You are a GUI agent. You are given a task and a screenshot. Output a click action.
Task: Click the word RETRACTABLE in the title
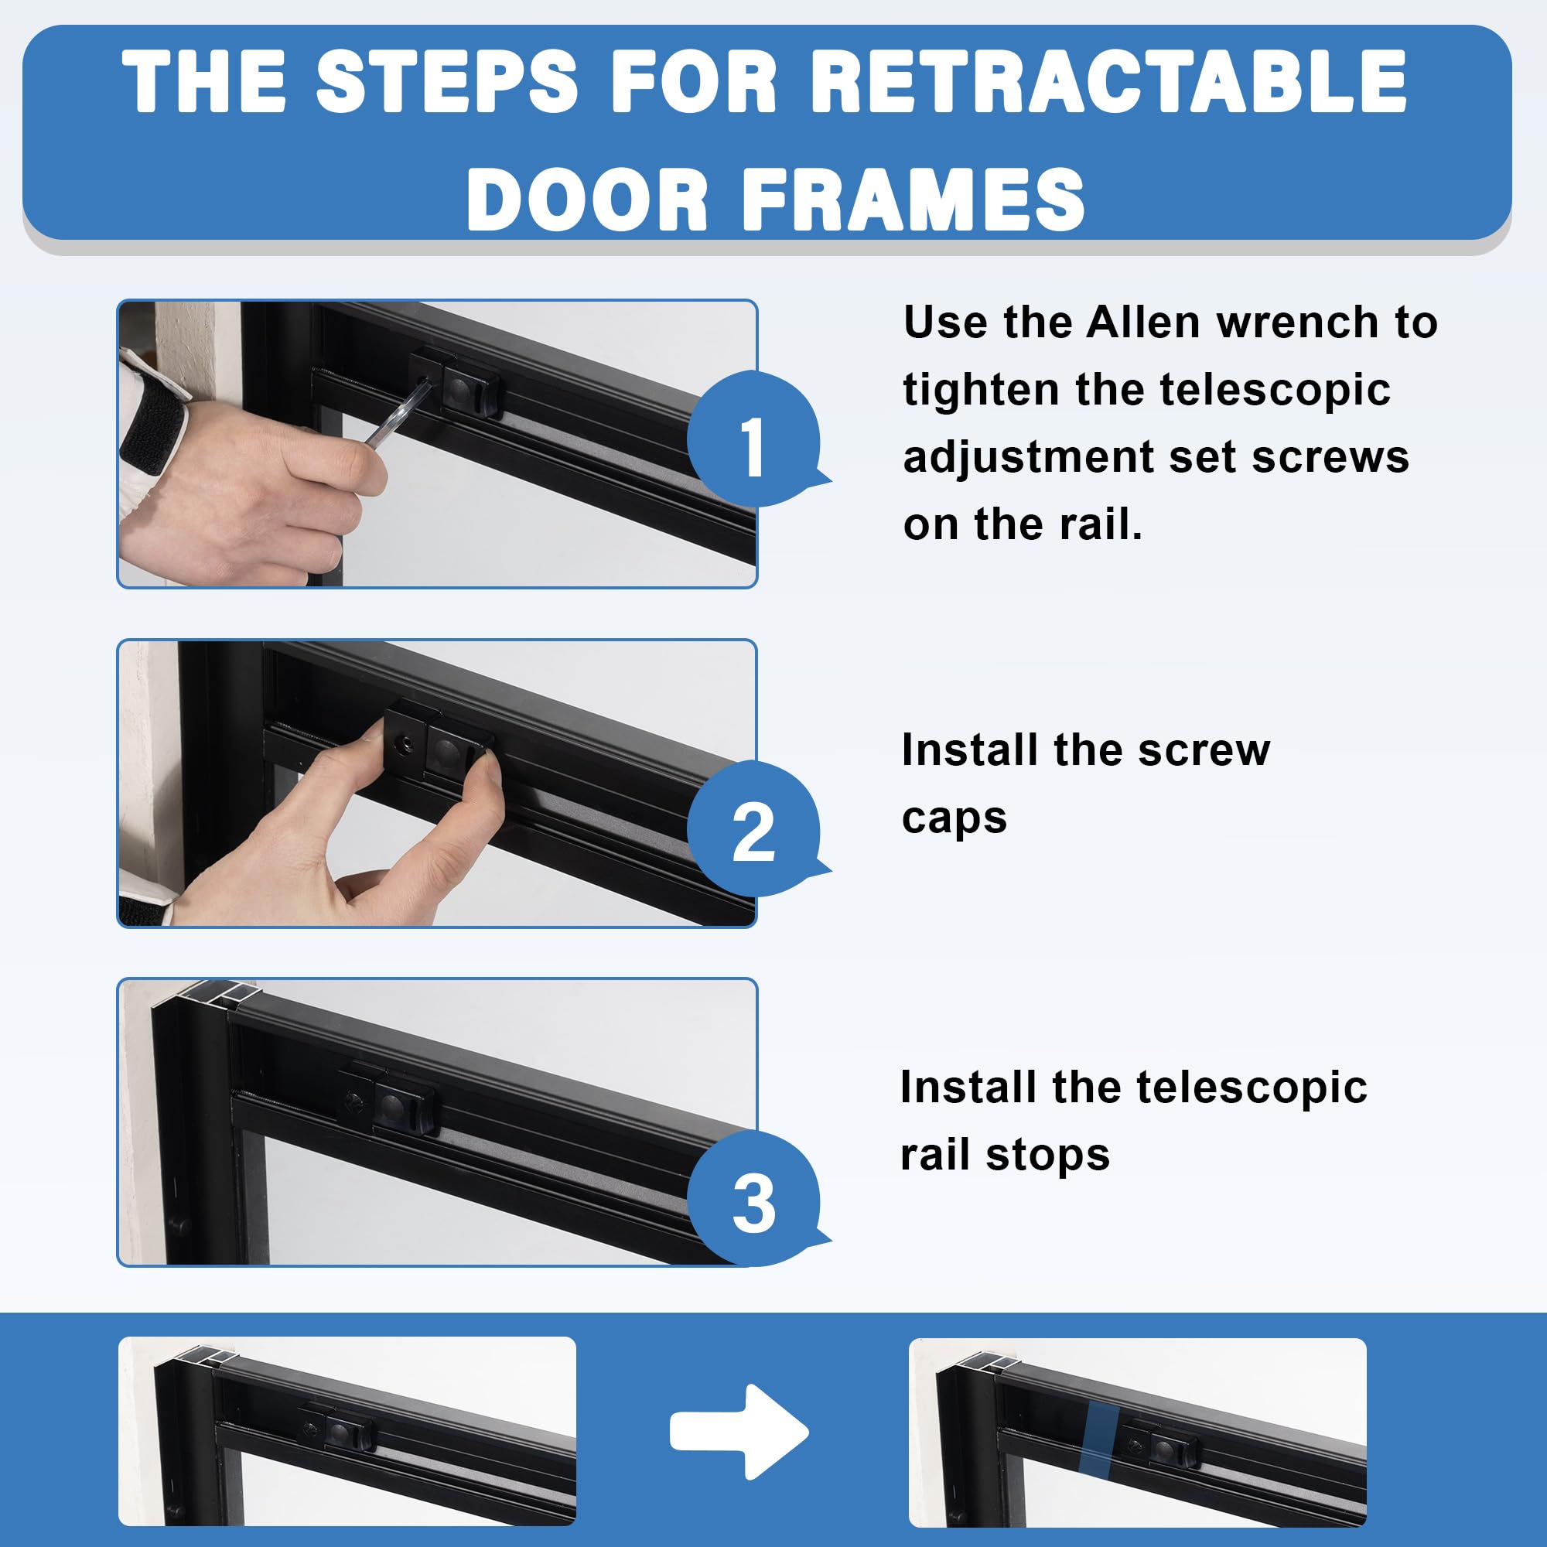coord(1110,82)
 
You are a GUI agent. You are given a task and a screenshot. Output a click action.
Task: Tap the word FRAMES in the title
coord(914,200)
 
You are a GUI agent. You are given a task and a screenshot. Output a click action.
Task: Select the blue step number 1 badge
coord(753,439)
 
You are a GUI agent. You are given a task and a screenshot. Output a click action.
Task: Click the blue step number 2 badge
coord(753,829)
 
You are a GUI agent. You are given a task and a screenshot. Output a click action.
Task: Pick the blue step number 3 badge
coord(753,1199)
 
